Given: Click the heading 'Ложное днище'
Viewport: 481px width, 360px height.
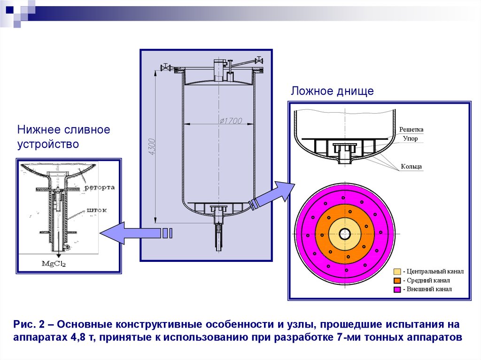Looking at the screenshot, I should click(332, 91).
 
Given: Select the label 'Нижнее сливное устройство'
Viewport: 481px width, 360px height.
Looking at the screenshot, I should click(64, 137).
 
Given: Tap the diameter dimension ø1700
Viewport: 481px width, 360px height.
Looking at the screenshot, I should click(230, 121).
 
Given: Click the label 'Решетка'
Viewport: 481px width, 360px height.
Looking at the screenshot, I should click(411, 130).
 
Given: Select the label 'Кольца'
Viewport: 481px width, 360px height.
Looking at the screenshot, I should click(411, 166).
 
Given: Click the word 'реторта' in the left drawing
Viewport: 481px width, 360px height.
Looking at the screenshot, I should click(100, 188).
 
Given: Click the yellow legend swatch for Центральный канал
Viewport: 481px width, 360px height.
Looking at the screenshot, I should click(397, 272).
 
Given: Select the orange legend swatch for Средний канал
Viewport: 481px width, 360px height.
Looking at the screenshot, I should click(397, 281).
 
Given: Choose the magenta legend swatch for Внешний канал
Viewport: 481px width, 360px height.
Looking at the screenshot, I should click(397, 290).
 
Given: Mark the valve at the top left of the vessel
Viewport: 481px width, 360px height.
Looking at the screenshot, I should click(165, 68).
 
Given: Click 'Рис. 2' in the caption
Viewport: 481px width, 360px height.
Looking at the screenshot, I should click(29, 325).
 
